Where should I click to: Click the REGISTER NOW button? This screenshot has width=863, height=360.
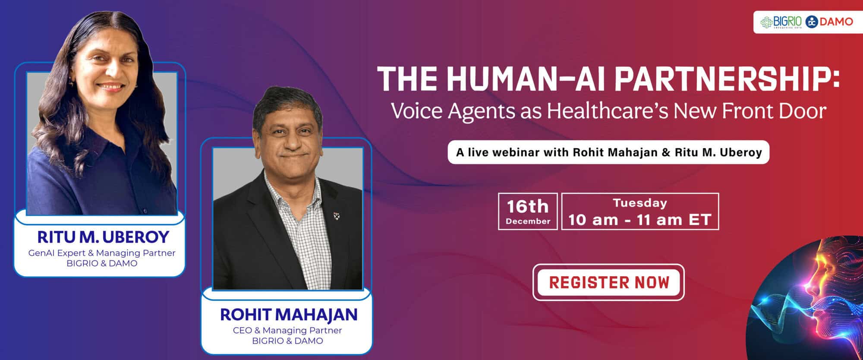pos(608,282)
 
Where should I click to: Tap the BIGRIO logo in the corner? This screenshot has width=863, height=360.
pos(781,22)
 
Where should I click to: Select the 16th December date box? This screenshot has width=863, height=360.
pos(528,211)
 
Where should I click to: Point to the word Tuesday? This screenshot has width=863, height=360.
pos(640,203)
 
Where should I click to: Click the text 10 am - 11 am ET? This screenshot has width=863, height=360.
pos(639,220)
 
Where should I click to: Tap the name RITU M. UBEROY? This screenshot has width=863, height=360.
pos(103,237)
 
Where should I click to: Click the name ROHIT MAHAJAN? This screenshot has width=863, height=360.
pos(288,314)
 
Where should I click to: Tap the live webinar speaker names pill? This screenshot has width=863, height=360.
pos(608,152)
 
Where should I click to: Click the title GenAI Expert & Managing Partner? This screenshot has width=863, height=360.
pos(102,253)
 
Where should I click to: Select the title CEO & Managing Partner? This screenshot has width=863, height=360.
pos(287,330)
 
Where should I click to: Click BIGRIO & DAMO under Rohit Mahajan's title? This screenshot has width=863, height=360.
pos(287,341)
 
